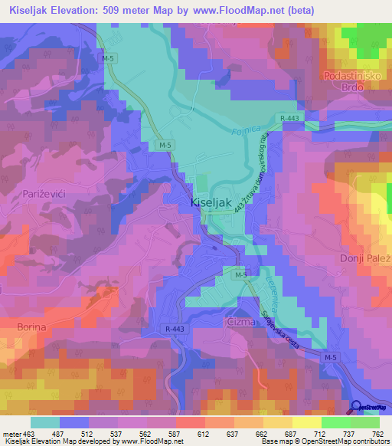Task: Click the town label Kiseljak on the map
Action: click(208, 205)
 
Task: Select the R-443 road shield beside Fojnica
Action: click(289, 116)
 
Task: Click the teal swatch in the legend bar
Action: click(45, 422)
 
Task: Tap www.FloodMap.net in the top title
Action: click(242, 10)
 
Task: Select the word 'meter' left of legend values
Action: click(11, 434)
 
